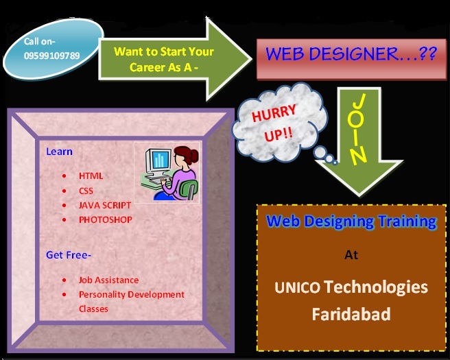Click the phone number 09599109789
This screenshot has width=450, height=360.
click(x=51, y=55)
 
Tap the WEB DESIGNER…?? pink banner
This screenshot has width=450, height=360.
click(x=351, y=55)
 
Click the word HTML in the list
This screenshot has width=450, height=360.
click(x=91, y=176)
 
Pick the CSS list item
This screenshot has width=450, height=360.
click(x=86, y=191)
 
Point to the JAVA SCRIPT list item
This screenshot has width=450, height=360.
click(x=104, y=205)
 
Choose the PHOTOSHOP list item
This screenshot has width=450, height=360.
click(x=105, y=219)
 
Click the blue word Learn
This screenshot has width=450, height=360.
click(x=59, y=152)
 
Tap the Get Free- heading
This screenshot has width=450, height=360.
click(x=69, y=255)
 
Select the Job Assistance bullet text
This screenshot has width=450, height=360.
click(x=108, y=280)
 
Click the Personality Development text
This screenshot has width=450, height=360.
click(x=131, y=294)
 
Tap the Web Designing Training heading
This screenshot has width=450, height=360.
click(x=351, y=221)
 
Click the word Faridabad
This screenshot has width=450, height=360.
click(x=351, y=315)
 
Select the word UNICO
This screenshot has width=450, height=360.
click(x=297, y=287)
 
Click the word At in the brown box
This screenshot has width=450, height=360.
click(x=351, y=255)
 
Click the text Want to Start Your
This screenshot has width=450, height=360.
click(x=164, y=51)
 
